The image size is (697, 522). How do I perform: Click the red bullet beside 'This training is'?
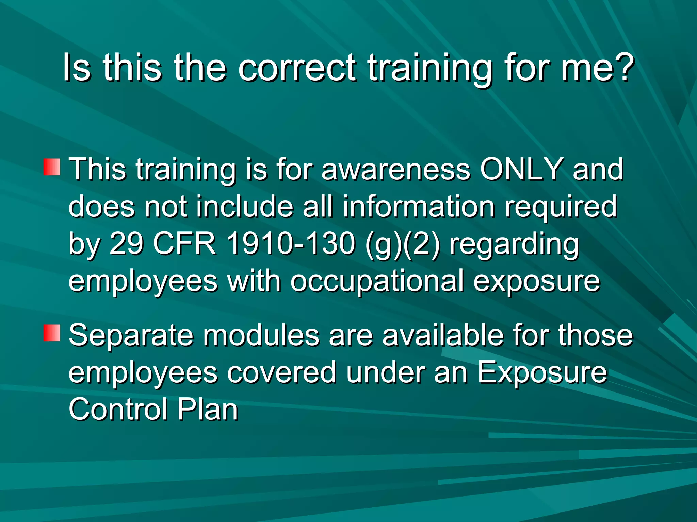[x=52, y=167]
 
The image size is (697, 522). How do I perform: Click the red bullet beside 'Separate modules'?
[x=52, y=333]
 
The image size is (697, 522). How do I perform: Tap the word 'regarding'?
[x=514, y=245]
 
